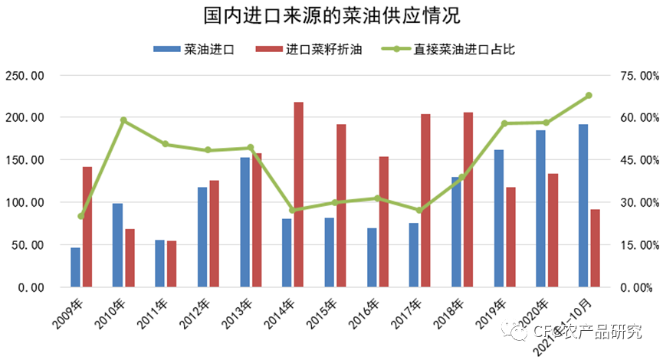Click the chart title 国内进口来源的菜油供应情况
point(332,17)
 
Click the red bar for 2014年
point(298,195)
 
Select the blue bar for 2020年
point(541,208)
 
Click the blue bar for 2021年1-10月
point(583,205)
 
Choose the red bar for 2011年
point(172,263)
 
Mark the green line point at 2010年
point(123,120)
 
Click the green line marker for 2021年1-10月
point(589,96)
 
